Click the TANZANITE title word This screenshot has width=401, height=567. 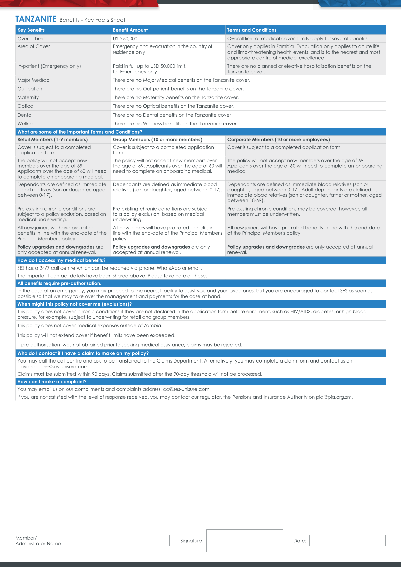coord(36,19)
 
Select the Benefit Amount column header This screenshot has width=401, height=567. coord(130,30)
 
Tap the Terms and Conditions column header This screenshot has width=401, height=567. coord(252,30)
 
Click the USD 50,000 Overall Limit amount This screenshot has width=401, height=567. coord(125,39)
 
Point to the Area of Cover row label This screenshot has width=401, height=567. coord(33,46)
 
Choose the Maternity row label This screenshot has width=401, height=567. coord(28,97)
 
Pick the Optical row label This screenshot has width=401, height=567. coord(26,106)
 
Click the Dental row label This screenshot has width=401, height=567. coord(25,115)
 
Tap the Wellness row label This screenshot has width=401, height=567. coord(27,124)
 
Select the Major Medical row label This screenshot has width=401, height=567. coord(34,80)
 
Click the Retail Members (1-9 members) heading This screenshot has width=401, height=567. coord(52,139)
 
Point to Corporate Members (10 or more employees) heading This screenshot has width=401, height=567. coord(278,139)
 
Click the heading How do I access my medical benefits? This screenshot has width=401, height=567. coord(61,260)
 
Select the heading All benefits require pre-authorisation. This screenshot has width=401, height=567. coord(59,283)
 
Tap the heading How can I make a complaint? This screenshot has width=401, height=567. coord(52,382)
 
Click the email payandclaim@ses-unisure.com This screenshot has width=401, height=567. coord(53,367)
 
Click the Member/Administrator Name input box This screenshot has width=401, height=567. coord(117,541)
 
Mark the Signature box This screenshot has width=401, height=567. coord(244,541)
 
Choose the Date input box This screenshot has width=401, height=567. coord(347,541)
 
